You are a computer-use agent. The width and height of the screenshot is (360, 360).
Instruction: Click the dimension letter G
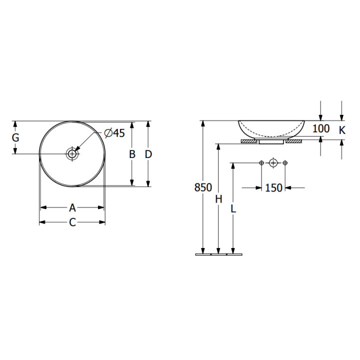(15, 138)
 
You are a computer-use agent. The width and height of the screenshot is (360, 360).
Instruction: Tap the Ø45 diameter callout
(114, 133)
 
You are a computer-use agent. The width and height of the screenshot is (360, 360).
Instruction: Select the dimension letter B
(132, 154)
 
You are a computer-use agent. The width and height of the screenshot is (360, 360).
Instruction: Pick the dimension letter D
(148, 154)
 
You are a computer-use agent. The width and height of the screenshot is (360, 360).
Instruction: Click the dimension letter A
(72, 208)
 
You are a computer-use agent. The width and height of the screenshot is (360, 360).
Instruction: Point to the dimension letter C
(72, 222)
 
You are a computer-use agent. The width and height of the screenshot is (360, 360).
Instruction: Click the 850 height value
(203, 187)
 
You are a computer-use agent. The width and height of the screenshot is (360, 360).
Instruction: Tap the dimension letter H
(218, 199)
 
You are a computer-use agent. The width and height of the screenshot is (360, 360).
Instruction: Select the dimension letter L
(233, 208)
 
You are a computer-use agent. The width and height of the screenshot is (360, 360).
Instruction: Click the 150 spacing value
(273, 188)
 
